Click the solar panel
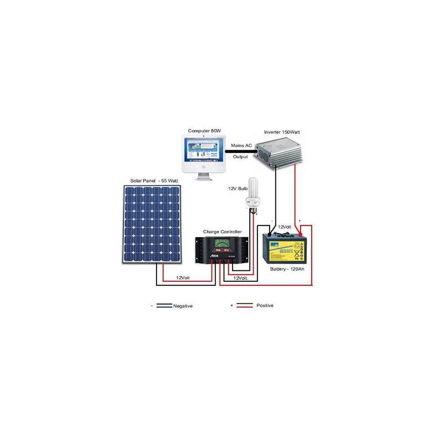(x=151, y=223)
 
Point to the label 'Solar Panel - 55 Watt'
(x=154, y=180)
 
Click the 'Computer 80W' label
(x=204, y=130)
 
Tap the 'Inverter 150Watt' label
(x=282, y=132)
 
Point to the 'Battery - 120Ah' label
(x=287, y=269)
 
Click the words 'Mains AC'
(x=241, y=146)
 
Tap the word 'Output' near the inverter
(x=240, y=157)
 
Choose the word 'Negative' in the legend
(x=183, y=306)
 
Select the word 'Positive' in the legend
(x=265, y=306)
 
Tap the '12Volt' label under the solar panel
(x=183, y=278)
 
